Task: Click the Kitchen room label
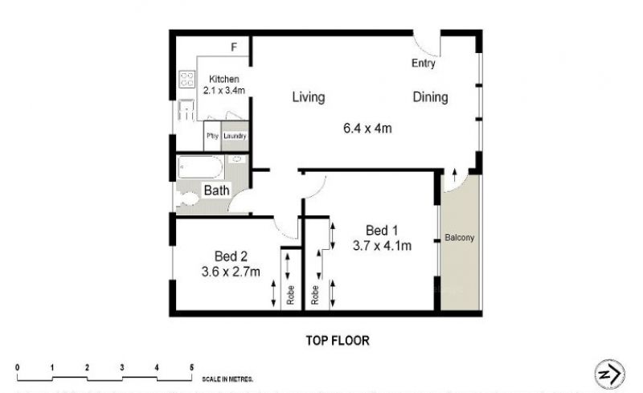[224, 79]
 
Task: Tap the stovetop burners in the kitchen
[187, 79]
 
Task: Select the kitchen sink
[186, 110]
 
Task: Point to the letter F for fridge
[234, 47]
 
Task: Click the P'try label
[212, 136]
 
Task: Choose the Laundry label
[235, 136]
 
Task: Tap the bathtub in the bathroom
[200, 167]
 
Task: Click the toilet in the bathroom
[188, 199]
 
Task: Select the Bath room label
[216, 190]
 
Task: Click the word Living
[309, 97]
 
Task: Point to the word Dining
[430, 97]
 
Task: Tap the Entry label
[424, 63]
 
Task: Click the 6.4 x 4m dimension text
[367, 129]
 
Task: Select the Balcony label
[459, 238]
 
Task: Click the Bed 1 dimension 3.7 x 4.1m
[383, 246]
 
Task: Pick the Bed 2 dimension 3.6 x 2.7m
[231, 272]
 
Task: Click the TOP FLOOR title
[338, 341]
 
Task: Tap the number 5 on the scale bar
[191, 367]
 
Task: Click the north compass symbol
[610, 374]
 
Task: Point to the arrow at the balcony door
[454, 175]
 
